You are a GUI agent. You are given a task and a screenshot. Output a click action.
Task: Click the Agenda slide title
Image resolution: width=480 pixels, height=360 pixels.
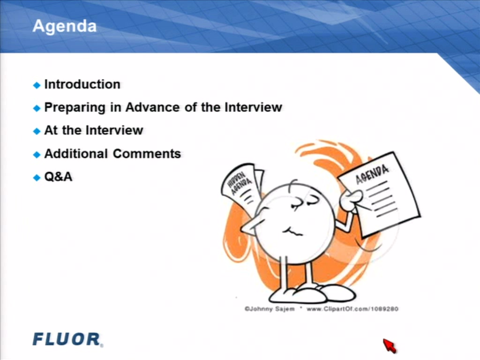64,27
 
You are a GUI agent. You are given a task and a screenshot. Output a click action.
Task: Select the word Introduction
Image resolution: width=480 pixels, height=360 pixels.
82,84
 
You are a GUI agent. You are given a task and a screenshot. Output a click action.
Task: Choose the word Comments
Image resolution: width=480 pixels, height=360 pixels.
147,154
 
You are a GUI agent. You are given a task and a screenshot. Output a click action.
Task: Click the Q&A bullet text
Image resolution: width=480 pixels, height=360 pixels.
59,177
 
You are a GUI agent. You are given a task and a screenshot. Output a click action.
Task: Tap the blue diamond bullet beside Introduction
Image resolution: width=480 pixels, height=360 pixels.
37,85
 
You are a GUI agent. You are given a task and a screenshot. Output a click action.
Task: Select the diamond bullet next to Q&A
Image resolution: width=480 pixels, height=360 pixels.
37,178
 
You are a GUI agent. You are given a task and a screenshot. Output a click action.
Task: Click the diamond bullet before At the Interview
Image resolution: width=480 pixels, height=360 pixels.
37,131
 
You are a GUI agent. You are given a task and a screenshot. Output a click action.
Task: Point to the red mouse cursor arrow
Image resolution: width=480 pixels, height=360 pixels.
390,345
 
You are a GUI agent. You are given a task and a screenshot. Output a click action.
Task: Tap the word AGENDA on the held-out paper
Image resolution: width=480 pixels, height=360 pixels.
372,174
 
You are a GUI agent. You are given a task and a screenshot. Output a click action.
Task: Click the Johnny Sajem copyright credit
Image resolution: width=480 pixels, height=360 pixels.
270,309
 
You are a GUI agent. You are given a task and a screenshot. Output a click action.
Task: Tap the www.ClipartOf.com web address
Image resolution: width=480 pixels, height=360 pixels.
352,309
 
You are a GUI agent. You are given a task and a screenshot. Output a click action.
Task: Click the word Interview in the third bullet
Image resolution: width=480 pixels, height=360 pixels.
114,130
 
